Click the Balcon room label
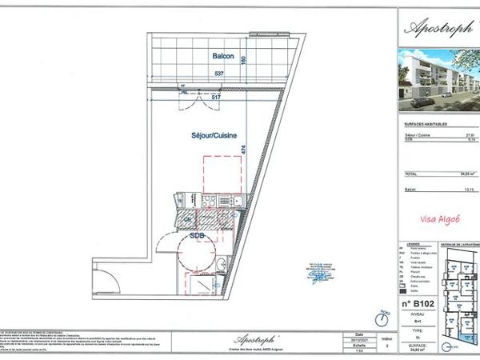pyautogui.click(x=223, y=57)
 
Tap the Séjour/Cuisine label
pyautogui.click(x=213, y=137)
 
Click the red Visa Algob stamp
pyautogui.click(x=439, y=218)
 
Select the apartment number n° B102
pyautogui.click(x=416, y=305)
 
